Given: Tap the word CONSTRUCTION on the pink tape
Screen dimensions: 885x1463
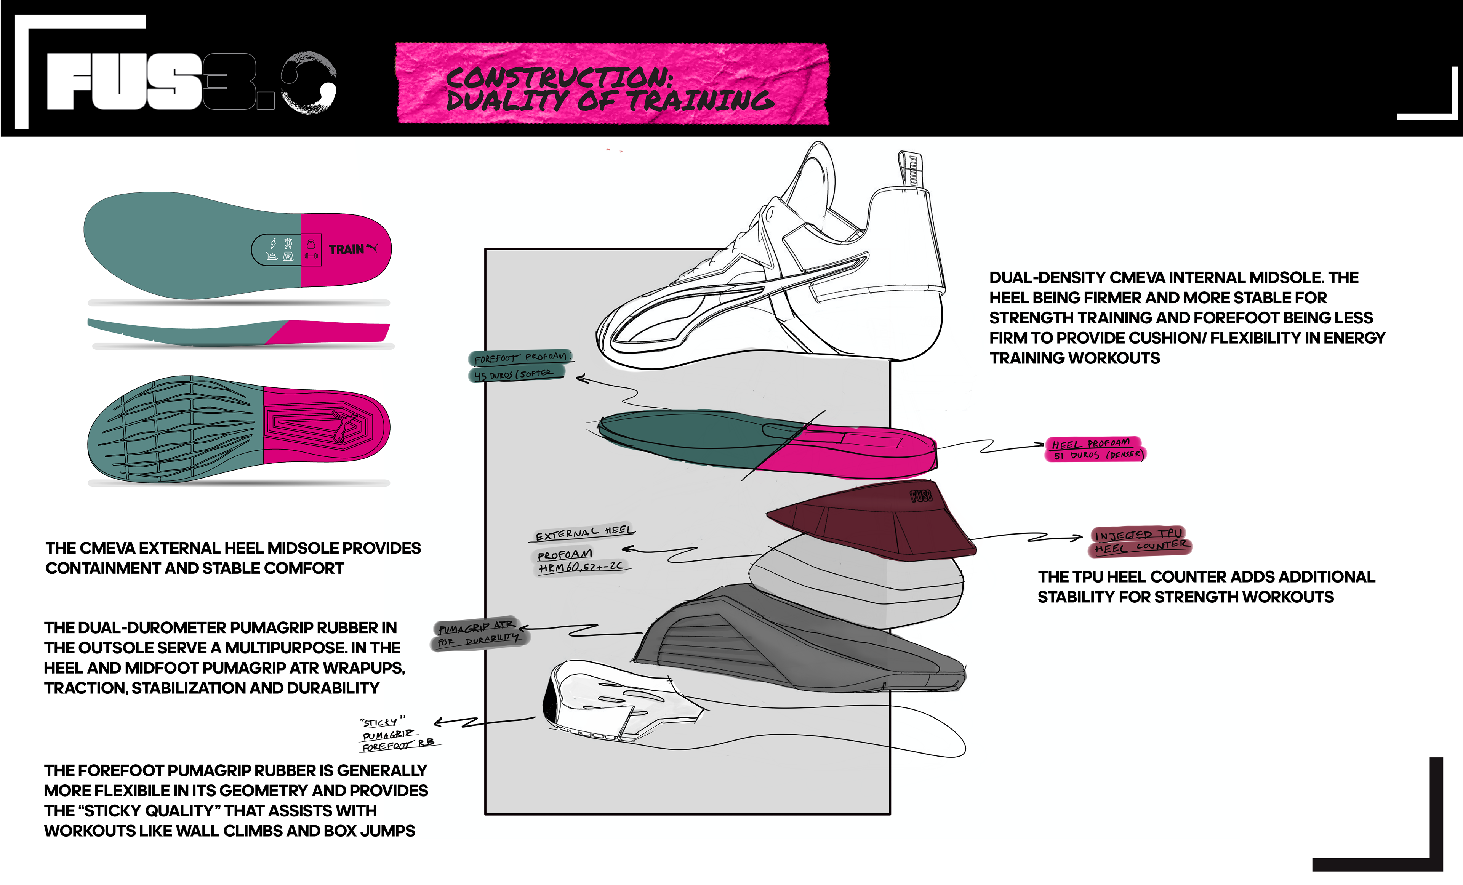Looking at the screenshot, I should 558,77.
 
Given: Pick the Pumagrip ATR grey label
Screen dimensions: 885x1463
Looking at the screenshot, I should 476,627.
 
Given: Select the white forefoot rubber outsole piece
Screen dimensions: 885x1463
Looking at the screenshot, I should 618,700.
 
